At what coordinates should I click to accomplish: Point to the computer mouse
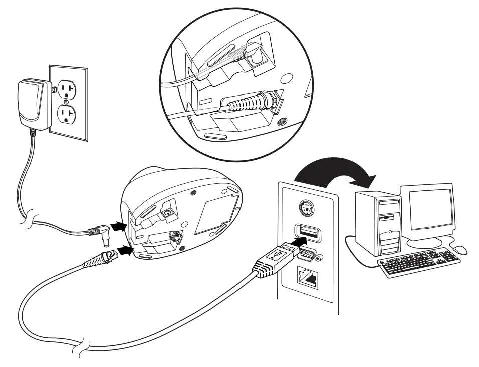point(459,249)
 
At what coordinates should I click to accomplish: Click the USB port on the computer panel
point(307,233)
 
